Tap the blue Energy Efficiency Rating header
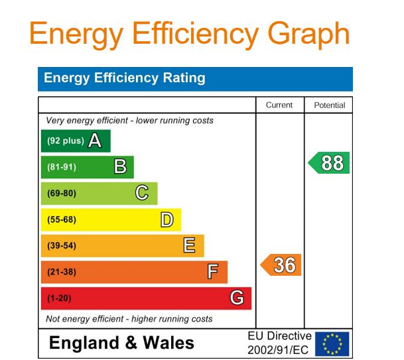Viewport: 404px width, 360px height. pyautogui.click(x=125, y=78)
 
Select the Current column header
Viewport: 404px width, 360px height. pyautogui.click(x=279, y=105)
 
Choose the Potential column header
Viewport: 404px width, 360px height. pyautogui.click(x=329, y=105)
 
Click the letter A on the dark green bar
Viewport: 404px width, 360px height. pyautogui.click(x=95, y=141)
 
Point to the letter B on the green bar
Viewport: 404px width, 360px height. pyautogui.click(x=120, y=166)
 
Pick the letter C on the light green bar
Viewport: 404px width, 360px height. pyautogui.click(x=142, y=193)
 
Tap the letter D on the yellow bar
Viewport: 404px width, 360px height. pyautogui.click(x=167, y=219)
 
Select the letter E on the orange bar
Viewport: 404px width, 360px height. pyautogui.click(x=189, y=245)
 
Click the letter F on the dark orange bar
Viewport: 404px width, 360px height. pyautogui.click(x=213, y=272)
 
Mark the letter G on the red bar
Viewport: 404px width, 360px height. pyautogui.click(x=236, y=298)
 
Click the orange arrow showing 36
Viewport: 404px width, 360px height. pyautogui.click(x=281, y=265)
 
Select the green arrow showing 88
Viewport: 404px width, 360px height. pyautogui.click(x=330, y=163)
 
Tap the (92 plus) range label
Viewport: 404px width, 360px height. pyautogui.click(x=65, y=141)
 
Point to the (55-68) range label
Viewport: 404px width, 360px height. pyautogui.click(x=62, y=219)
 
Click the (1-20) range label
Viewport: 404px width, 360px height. pyautogui.click(x=58, y=298)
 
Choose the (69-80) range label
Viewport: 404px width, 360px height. pyautogui.click(x=62, y=194)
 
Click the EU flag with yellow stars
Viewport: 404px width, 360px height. pyautogui.click(x=332, y=343)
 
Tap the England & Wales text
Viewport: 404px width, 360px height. pyautogui.click(x=122, y=343)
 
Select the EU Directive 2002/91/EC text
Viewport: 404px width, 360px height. pyautogui.click(x=279, y=343)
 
